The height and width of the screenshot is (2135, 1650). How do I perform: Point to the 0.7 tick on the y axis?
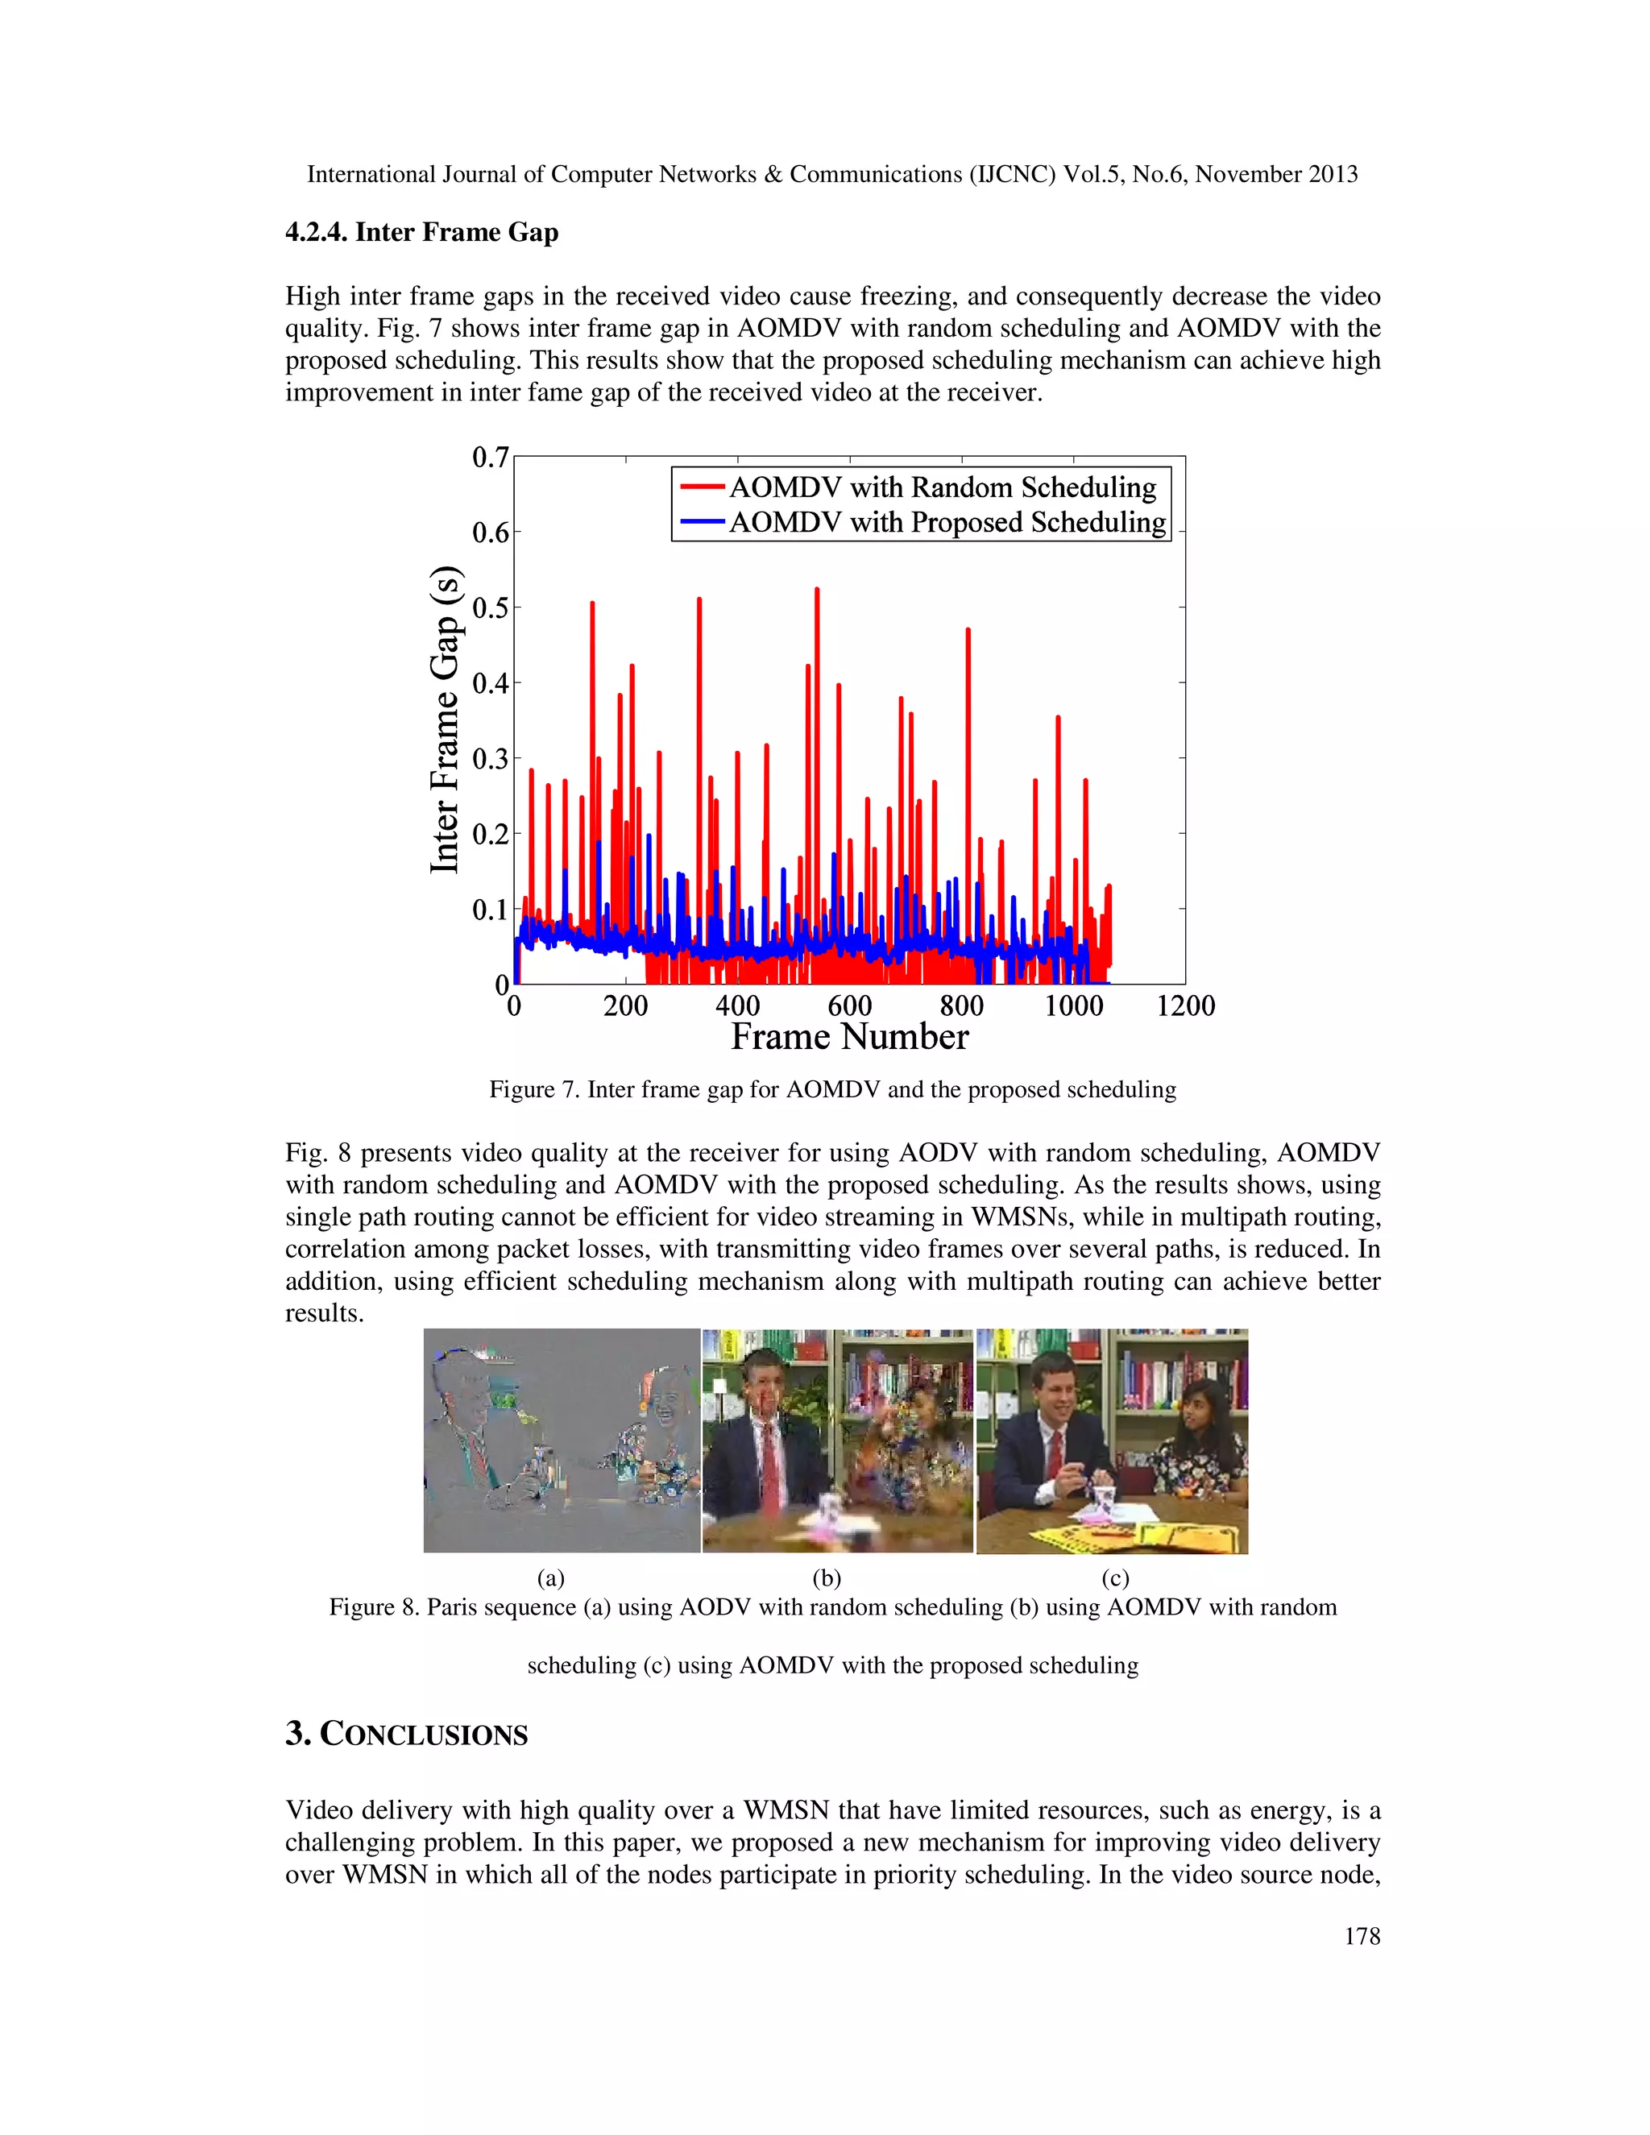point(491,458)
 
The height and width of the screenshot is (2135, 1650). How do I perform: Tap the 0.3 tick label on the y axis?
point(491,760)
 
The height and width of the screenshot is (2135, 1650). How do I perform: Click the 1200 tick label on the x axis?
point(1184,1006)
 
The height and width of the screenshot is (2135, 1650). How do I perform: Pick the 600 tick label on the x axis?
point(849,1006)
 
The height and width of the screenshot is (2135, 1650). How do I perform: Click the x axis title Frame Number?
point(849,1037)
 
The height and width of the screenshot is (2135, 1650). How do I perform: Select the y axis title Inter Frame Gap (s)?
point(445,719)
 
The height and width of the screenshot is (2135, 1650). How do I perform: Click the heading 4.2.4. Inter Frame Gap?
point(421,233)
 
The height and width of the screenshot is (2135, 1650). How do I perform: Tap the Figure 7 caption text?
point(831,1090)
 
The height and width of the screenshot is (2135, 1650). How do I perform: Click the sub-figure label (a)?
point(550,1577)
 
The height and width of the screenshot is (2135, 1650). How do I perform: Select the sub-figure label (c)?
point(1114,1577)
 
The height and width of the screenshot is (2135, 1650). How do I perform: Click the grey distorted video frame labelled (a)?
point(561,1440)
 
